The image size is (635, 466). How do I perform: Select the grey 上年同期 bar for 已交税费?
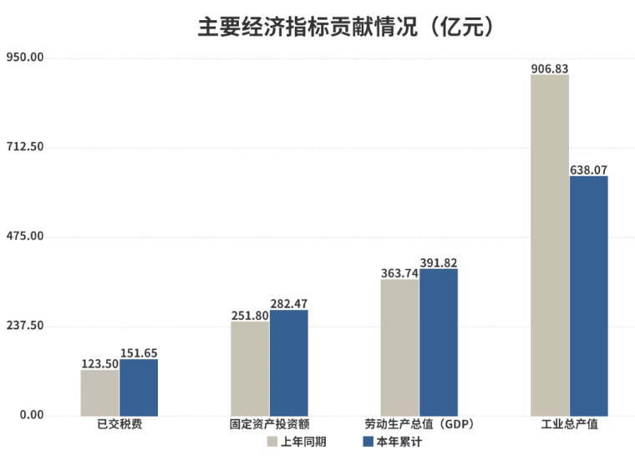point(100,393)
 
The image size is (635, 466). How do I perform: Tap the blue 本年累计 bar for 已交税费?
point(139,387)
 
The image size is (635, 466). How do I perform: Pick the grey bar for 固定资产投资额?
point(250,368)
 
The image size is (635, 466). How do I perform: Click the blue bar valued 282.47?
point(288,362)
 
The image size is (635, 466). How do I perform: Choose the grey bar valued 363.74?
point(399,347)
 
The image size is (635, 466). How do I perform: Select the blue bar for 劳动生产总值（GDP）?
point(439,342)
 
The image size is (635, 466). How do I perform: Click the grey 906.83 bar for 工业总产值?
point(550,246)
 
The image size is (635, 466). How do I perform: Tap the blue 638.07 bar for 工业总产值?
point(588,296)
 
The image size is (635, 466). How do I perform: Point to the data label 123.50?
point(100,363)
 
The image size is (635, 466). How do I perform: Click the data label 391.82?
point(439,262)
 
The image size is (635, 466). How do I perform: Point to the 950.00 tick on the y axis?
point(24,58)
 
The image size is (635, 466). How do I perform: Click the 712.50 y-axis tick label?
point(24,147)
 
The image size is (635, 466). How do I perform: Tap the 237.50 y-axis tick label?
point(24,326)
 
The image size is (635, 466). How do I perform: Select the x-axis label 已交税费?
point(119,424)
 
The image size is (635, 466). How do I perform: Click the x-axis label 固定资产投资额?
point(269,424)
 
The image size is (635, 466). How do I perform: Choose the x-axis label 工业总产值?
point(569,424)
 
